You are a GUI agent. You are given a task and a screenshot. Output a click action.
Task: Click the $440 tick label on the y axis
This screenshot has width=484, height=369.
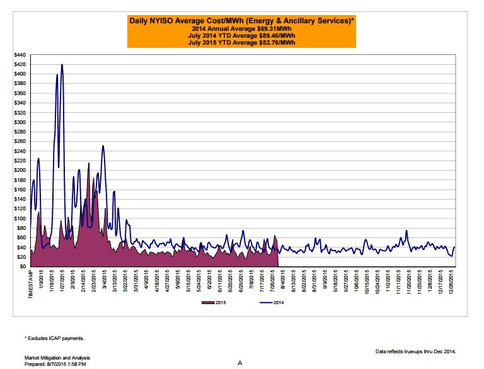tap(20, 55)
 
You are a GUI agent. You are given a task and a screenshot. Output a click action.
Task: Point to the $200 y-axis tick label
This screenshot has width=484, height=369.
tap(20, 171)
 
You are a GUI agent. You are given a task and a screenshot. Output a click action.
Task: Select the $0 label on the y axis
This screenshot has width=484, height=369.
tap(23, 267)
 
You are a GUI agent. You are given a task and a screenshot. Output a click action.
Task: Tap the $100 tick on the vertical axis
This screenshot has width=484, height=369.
tap(20, 219)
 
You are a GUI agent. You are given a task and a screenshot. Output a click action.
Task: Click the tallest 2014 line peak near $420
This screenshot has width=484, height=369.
tap(62, 64)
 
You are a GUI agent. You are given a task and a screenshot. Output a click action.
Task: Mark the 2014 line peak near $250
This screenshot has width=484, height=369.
tap(103, 146)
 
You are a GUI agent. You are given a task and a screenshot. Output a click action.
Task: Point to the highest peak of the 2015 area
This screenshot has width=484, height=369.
tap(88, 163)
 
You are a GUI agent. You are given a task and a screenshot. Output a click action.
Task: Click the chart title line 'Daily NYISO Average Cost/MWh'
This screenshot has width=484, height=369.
tap(242, 21)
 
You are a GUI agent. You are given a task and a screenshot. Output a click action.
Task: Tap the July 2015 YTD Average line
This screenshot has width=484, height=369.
tap(242, 43)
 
